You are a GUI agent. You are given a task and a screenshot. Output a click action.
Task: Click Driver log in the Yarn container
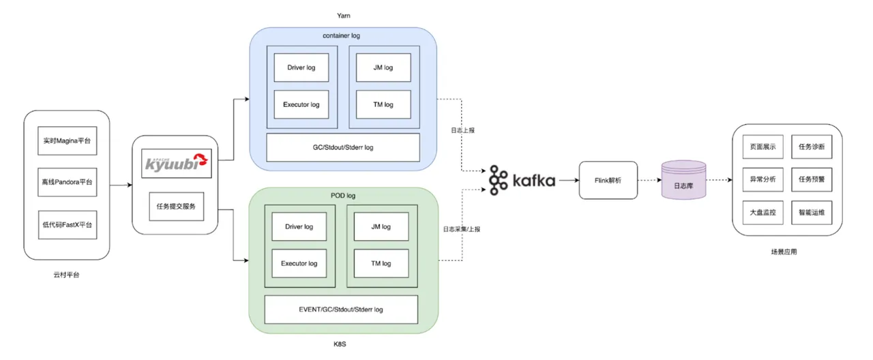click(x=301, y=68)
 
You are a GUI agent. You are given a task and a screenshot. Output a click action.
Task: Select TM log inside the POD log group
click(x=381, y=263)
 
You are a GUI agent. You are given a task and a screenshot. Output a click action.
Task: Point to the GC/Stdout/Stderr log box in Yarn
click(x=342, y=147)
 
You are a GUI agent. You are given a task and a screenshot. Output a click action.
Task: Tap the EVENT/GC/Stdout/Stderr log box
click(x=341, y=310)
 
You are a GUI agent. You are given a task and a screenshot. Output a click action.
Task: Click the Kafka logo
click(x=522, y=181)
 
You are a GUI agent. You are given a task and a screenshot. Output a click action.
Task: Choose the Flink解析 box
click(x=608, y=181)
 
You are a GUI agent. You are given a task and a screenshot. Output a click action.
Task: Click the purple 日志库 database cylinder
click(x=683, y=181)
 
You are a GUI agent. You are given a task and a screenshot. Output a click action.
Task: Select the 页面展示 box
click(x=763, y=146)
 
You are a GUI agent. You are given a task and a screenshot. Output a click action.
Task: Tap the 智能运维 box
click(x=812, y=213)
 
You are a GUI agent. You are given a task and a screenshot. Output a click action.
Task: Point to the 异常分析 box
click(x=763, y=179)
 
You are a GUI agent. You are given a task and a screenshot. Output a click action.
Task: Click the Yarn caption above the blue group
click(x=343, y=14)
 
